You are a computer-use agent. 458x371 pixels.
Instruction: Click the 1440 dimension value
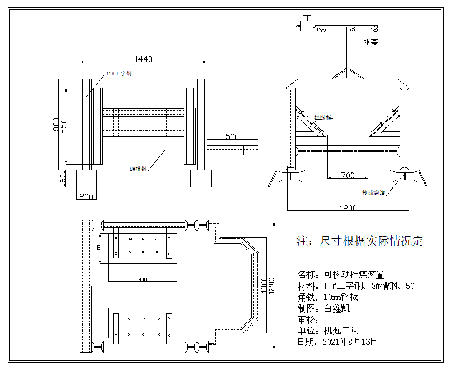143,58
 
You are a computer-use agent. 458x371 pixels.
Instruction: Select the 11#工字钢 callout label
119,73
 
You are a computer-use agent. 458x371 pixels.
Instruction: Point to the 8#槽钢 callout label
138,169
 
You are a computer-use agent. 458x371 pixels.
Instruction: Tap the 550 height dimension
63,126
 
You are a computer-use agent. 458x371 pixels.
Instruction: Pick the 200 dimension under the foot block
86,196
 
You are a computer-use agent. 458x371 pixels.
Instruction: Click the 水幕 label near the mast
370,42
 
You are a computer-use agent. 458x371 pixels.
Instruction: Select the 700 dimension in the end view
348,175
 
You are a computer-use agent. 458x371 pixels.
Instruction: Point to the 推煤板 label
323,118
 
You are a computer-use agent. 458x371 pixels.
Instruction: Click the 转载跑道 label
373,192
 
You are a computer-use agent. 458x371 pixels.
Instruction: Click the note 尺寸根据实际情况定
360,241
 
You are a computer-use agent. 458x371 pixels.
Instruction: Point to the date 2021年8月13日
350,342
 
